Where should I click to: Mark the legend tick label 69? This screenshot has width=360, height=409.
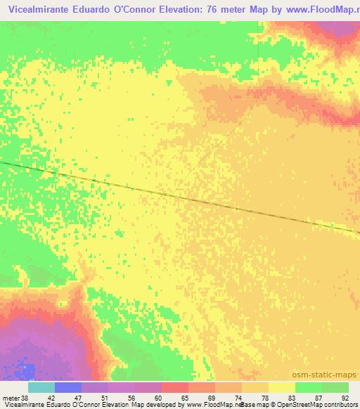point(214,398)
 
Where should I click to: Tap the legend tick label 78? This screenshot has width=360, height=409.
point(268,398)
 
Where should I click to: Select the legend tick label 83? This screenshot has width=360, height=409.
point(295,398)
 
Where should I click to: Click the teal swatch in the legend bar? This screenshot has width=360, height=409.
point(41,387)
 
